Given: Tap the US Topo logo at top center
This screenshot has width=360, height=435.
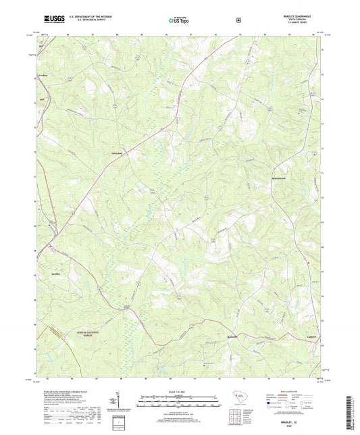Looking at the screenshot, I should [178, 21].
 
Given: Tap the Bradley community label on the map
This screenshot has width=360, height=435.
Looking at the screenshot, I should [56, 274].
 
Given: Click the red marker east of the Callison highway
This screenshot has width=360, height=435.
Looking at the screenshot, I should [310, 262].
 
